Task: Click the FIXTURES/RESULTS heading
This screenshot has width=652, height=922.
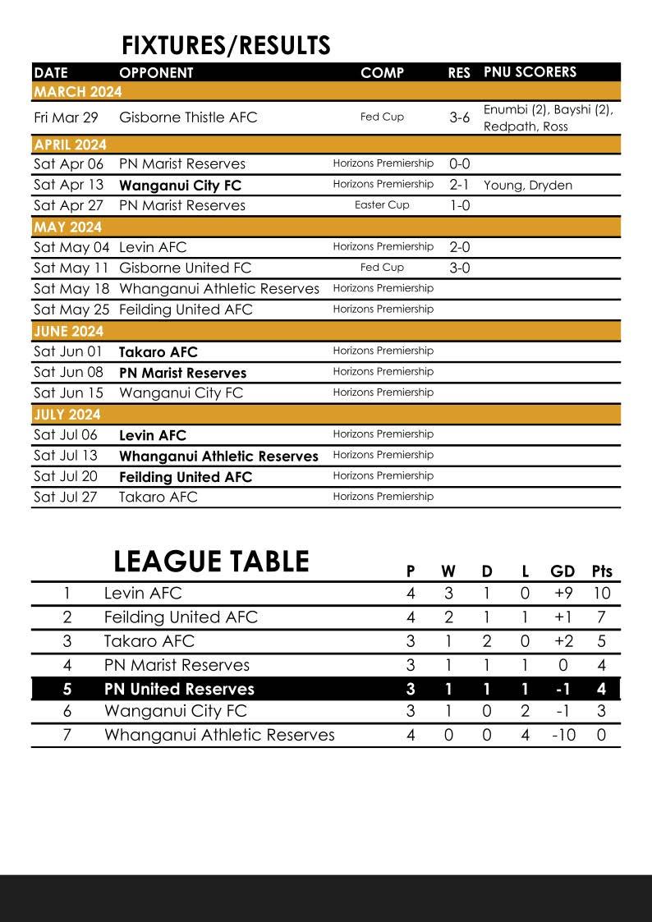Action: point(226,45)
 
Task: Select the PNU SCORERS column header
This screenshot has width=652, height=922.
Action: point(530,72)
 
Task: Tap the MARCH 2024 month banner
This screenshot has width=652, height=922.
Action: point(78,91)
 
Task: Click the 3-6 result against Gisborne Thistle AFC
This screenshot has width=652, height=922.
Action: point(460,117)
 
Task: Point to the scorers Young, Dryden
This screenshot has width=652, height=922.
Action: point(528,186)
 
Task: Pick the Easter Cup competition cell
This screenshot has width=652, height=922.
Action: point(382,205)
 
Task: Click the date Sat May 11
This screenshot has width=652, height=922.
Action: point(71,268)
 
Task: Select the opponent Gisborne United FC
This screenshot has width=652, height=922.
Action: point(185,268)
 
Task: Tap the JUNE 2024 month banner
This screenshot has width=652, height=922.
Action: point(69,332)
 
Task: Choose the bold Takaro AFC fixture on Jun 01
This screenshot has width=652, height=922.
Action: point(158,352)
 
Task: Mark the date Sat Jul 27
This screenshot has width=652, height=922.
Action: point(66,497)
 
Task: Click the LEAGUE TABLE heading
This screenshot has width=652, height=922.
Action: point(211,562)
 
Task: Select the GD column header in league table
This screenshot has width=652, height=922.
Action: point(562,571)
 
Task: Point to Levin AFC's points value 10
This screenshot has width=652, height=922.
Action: point(601,594)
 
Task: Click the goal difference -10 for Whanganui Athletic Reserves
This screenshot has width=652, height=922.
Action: point(562,735)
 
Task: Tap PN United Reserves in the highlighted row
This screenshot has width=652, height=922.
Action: point(179,689)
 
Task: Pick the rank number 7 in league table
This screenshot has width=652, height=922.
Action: point(67,735)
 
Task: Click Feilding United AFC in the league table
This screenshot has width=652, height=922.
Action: point(181,617)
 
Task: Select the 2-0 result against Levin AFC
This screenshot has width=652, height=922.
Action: point(460,247)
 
